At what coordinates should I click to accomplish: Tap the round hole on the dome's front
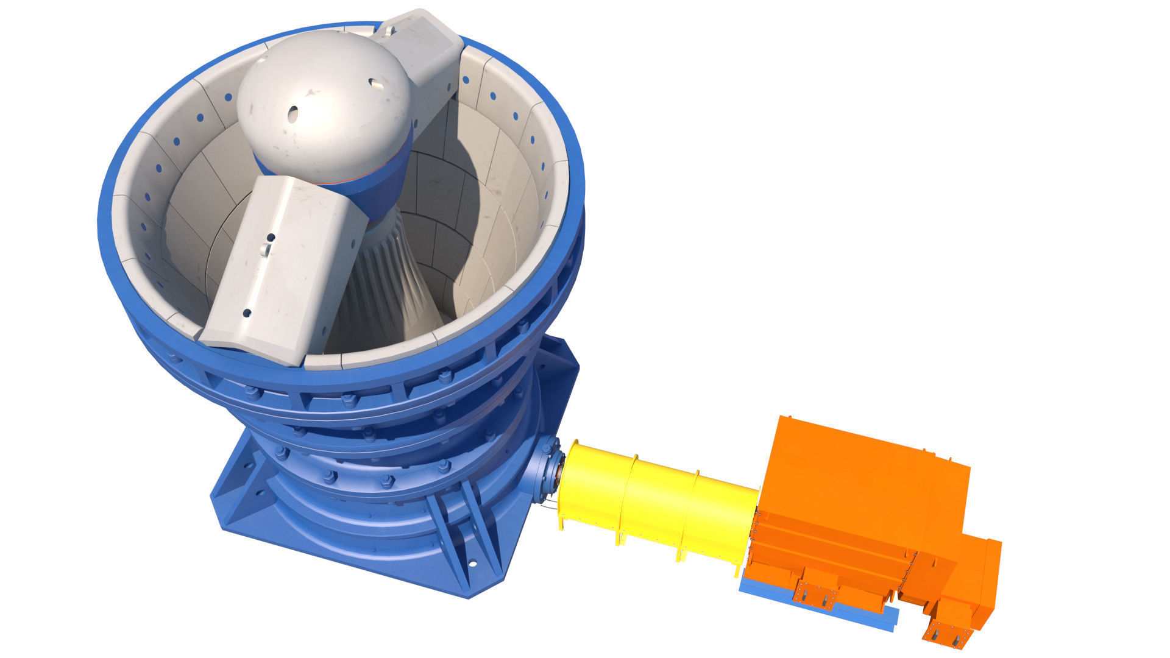(x=293, y=113)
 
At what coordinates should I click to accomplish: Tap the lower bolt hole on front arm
(x=247, y=313)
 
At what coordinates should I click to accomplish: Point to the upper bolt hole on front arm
(x=271, y=237)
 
